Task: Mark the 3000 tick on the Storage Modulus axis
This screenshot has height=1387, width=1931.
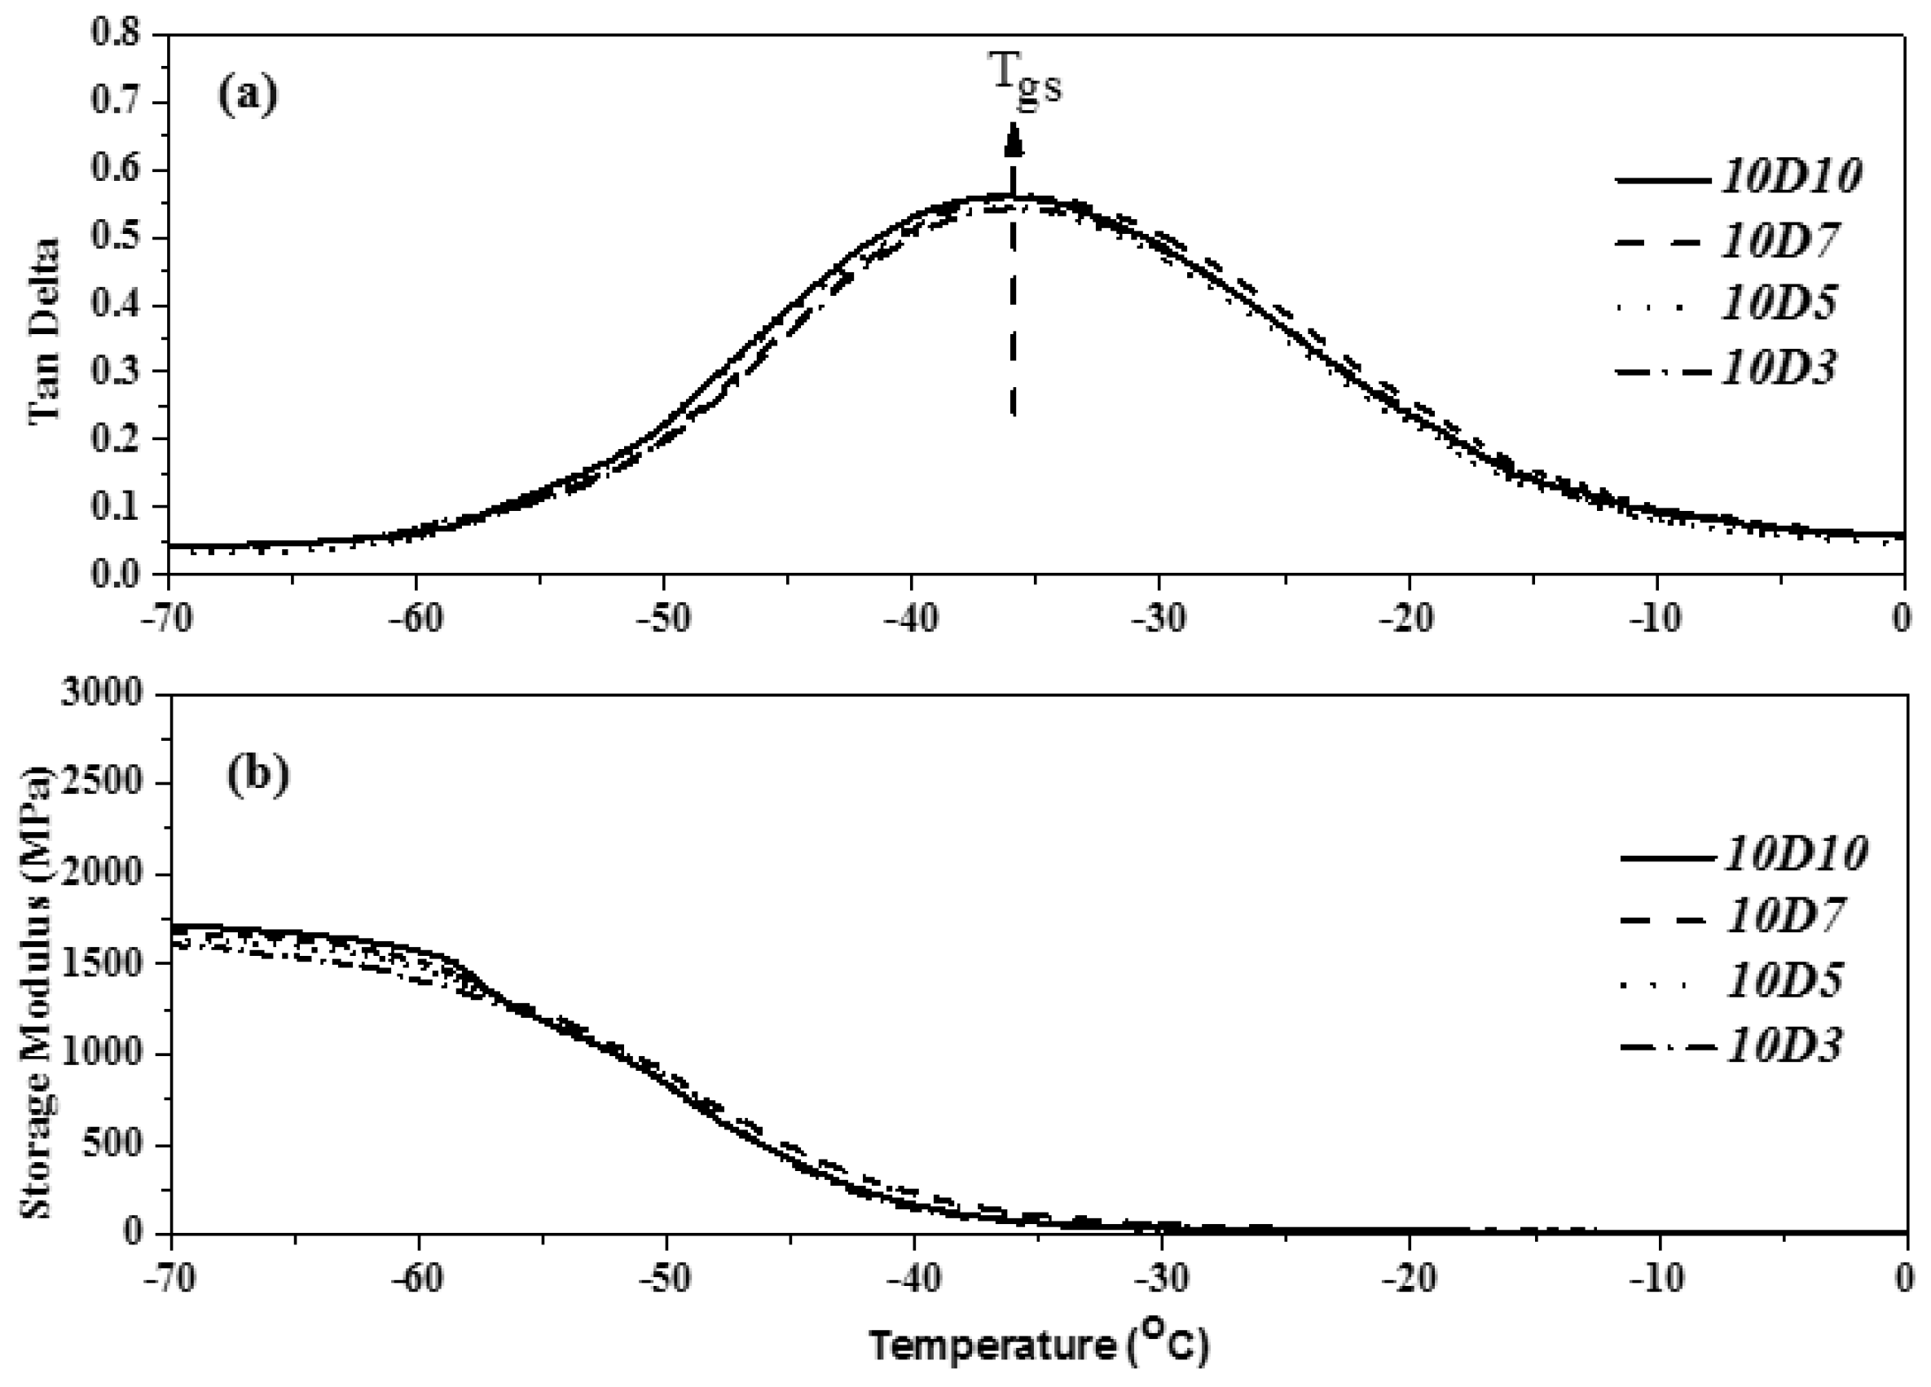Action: click(x=102, y=694)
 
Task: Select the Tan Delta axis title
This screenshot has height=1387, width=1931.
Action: click(x=43, y=329)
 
